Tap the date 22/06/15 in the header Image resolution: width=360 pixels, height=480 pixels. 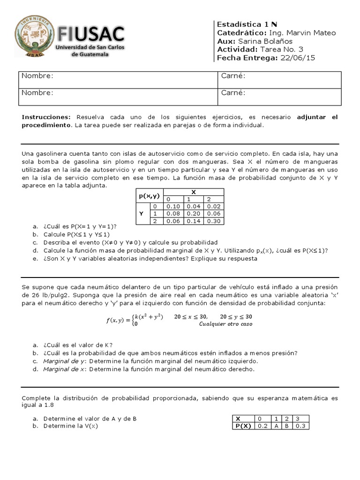click(x=298, y=58)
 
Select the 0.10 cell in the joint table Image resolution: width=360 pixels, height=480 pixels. click(x=173, y=206)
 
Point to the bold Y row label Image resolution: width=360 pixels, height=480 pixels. click(x=141, y=214)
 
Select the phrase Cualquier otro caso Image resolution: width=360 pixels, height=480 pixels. click(x=225, y=324)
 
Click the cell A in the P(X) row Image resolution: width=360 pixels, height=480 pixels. click(x=276, y=426)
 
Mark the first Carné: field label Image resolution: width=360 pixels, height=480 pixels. click(x=232, y=76)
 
